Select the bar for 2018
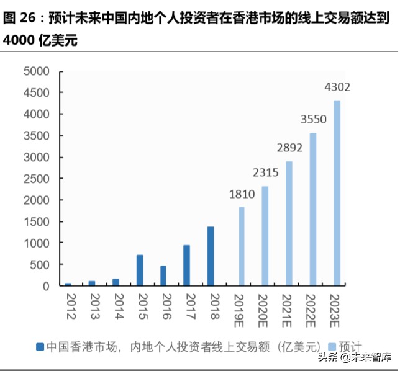211,256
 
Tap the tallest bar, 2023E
337,193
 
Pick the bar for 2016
163,275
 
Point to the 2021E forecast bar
289,223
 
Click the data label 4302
337,87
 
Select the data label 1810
242,194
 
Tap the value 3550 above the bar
312,119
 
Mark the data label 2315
265,173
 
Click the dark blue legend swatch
40,346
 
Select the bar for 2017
187,265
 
